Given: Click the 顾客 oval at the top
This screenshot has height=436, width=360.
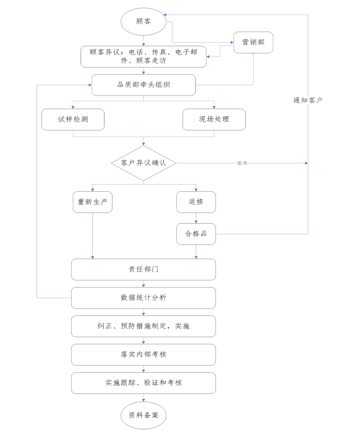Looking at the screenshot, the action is (143, 22).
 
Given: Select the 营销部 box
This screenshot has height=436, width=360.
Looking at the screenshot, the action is (253, 42).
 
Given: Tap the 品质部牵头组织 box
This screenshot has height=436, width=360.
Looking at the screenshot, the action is (144, 85).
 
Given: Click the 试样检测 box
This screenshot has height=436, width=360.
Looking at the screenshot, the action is (73, 120).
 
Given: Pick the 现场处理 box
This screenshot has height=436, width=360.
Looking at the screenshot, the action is (214, 120).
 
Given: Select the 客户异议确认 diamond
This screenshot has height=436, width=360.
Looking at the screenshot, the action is (144, 163).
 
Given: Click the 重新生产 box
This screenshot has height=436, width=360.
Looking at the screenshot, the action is (92, 202).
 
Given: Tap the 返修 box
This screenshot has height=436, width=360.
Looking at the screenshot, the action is (196, 202).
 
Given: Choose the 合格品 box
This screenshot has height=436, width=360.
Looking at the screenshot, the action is (196, 234).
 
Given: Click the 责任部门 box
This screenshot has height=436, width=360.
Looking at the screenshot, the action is (144, 270).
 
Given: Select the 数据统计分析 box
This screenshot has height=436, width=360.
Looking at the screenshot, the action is (144, 298).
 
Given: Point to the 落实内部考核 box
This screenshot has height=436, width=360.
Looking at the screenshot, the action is (144, 355).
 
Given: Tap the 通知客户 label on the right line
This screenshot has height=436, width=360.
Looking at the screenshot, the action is (308, 100).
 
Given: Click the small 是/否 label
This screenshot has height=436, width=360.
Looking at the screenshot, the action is (242, 163).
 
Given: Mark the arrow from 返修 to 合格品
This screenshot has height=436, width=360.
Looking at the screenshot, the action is (196, 218).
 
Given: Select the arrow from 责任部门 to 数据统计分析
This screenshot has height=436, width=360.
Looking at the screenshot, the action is (144, 284).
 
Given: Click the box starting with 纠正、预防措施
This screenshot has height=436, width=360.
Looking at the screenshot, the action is (144, 326).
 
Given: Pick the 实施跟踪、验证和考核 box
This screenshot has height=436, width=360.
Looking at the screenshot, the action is (144, 383).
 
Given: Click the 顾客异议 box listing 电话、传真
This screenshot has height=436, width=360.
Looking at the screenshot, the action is (144, 56).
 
